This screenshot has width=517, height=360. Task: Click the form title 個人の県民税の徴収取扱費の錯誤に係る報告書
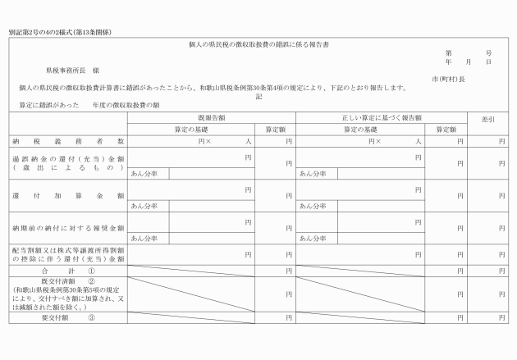point(258,43)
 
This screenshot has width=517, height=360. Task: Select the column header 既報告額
point(211,118)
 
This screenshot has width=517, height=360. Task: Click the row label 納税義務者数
point(68,141)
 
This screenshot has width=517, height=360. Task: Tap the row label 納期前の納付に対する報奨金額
point(68,227)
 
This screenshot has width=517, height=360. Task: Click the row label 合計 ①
point(68,270)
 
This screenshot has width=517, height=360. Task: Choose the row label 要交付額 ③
point(68,317)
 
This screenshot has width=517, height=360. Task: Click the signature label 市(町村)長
point(449,80)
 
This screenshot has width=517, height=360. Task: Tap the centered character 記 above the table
point(258,96)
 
